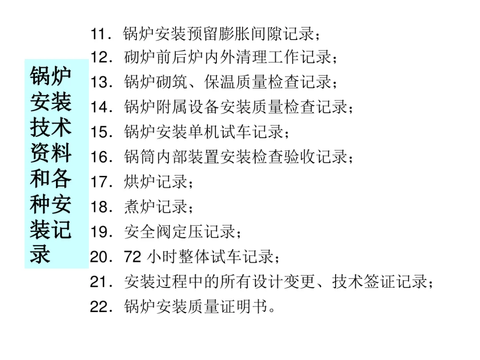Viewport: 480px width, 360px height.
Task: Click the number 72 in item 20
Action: [133, 257]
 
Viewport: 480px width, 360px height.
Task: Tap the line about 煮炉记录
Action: [156, 207]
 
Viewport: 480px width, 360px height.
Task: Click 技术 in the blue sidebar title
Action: [51, 127]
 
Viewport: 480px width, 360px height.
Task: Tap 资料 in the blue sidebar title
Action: [51, 153]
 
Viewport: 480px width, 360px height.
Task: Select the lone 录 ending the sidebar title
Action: [40, 255]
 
